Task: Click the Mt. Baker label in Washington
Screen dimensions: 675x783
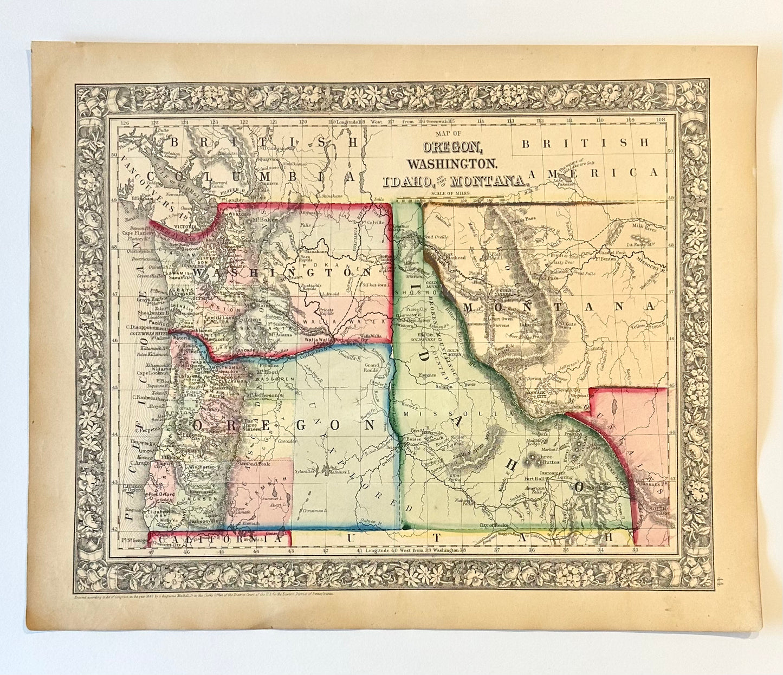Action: (x=264, y=220)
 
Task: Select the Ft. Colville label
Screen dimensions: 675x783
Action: (x=374, y=222)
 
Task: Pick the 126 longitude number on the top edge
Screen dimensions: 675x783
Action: (x=126, y=123)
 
